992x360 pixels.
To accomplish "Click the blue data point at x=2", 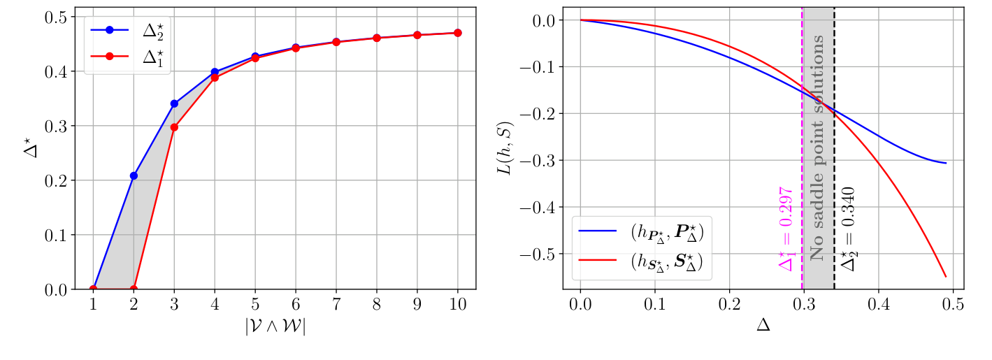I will tap(134, 175).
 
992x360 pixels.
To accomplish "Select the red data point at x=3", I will tap(174, 127).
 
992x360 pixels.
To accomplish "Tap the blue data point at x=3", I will tap(174, 103).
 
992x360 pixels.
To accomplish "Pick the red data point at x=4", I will tap(215, 78).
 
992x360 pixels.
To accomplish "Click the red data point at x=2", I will tap(134, 289).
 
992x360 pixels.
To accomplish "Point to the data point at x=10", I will tap(458, 33).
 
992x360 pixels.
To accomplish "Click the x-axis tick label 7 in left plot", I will tap(336, 305).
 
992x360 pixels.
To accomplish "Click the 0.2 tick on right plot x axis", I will tap(729, 305).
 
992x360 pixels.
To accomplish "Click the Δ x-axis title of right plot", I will tap(763, 326).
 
